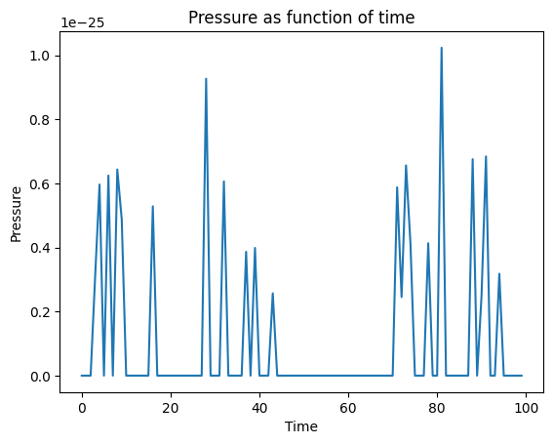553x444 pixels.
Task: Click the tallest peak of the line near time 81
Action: [441, 48]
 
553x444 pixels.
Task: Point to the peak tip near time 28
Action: [206, 79]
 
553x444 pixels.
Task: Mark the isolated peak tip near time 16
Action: [153, 206]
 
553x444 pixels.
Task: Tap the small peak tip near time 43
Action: [272, 293]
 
